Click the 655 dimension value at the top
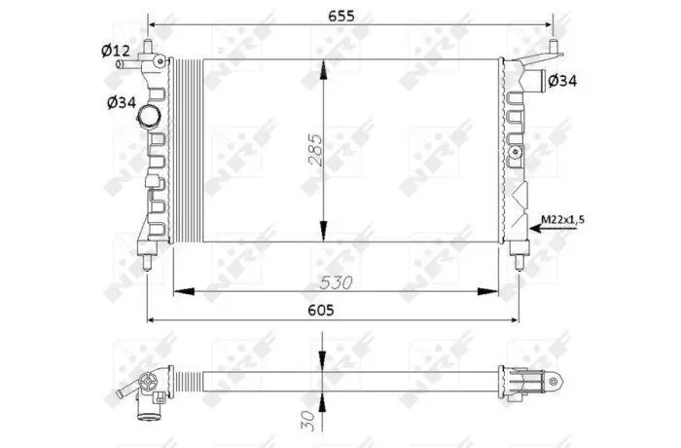(340, 16)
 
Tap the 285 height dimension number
(316, 150)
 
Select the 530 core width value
(336, 282)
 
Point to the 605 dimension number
(321, 310)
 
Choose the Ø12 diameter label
(116, 51)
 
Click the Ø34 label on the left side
(122, 102)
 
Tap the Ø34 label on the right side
(562, 81)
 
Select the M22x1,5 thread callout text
(562, 219)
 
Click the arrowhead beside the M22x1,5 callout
(536, 228)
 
